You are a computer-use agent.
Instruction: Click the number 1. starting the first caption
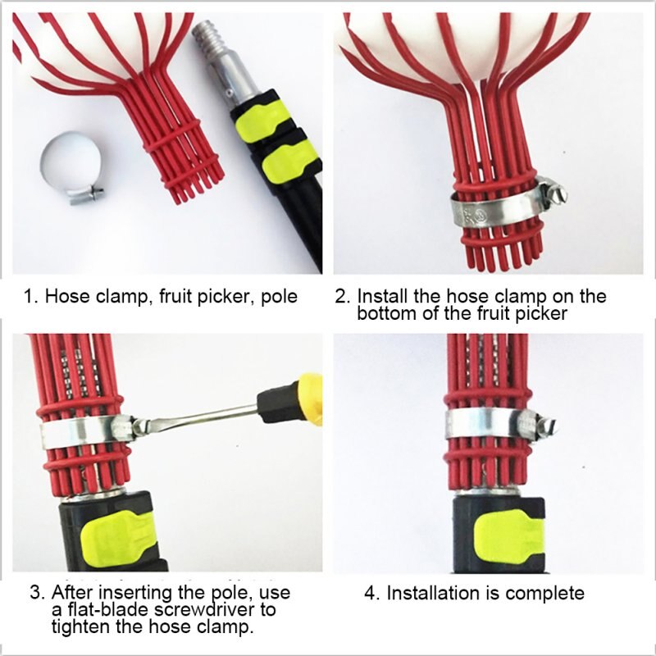tap(30, 296)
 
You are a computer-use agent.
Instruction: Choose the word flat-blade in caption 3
tap(111, 611)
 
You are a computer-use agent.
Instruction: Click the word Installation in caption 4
tap(437, 593)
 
